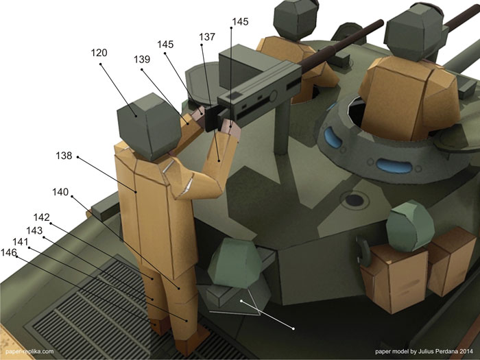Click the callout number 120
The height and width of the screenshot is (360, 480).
[x=99, y=53]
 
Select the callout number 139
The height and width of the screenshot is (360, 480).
[x=142, y=59]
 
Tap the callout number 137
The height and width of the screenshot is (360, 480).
[x=207, y=37]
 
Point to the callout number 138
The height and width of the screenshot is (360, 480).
[x=64, y=156]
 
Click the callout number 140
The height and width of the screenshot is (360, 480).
[x=60, y=192]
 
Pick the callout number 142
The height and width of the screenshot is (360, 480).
[x=41, y=217]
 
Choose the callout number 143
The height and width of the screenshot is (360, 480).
[x=34, y=230]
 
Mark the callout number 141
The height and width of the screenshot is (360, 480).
[x=21, y=242]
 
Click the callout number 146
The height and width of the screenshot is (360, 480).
[x=8, y=252]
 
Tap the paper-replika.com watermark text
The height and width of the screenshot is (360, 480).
[x=29, y=351]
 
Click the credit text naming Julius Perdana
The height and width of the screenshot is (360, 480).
[x=424, y=351]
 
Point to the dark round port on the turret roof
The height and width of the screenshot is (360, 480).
[x=355, y=200]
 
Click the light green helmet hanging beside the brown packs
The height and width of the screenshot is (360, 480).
[x=410, y=226]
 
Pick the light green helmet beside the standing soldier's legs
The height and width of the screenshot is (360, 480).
[x=235, y=263]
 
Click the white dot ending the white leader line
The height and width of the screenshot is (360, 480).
[x=293, y=328]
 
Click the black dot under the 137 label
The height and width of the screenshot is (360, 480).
[x=202, y=45]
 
